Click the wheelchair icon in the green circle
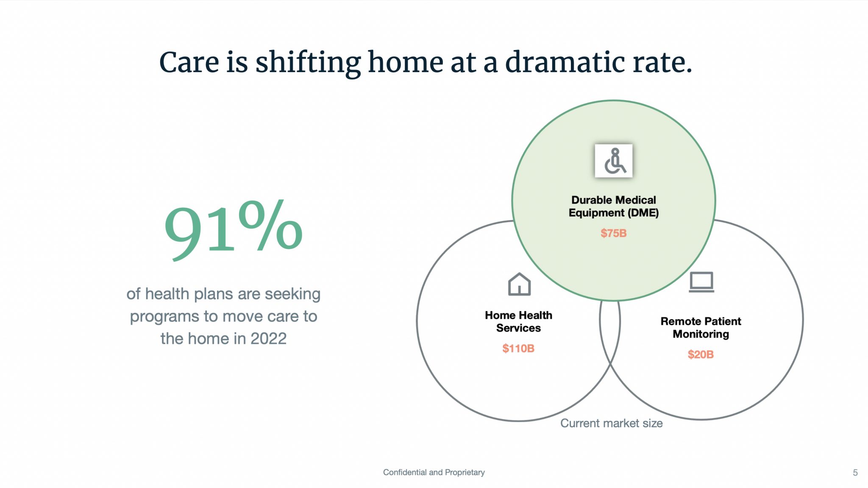tap(614, 161)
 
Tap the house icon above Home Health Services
tap(519, 284)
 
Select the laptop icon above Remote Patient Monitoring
tap(701, 282)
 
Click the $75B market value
tap(613, 233)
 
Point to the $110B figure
tap(518, 349)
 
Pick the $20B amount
tap(701, 354)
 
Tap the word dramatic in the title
tap(565, 63)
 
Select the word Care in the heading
tap(189, 63)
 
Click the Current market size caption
tap(611, 423)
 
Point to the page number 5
tap(855, 473)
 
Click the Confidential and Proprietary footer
tap(434, 472)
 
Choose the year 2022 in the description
tap(268, 339)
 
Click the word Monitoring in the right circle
tap(701, 334)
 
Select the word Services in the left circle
tap(518, 328)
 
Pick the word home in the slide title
tap(406, 63)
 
